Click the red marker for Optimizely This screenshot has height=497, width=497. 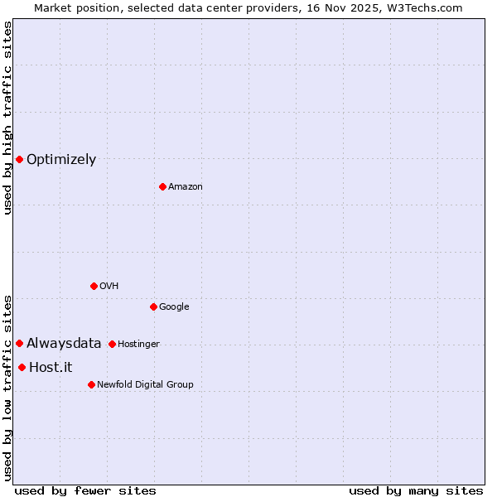(19, 159)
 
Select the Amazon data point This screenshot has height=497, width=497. (162, 186)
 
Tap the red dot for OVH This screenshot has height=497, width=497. (94, 286)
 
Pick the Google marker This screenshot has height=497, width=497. (153, 306)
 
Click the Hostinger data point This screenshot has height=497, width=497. (112, 344)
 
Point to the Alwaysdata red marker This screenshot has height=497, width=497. (19, 343)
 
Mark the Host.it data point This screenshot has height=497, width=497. (22, 367)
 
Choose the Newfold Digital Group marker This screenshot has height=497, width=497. (91, 384)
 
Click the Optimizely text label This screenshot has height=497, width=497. (61, 160)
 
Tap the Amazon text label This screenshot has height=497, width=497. (186, 187)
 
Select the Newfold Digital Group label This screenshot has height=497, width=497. (145, 384)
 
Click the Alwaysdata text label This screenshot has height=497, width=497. (64, 343)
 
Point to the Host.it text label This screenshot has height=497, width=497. (51, 367)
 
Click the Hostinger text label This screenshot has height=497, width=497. (138, 344)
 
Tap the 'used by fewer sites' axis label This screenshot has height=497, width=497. (85, 490)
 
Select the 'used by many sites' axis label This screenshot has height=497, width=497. (416, 490)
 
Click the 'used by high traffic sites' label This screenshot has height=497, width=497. (7, 118)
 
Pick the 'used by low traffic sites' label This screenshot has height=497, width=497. (7, 387)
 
